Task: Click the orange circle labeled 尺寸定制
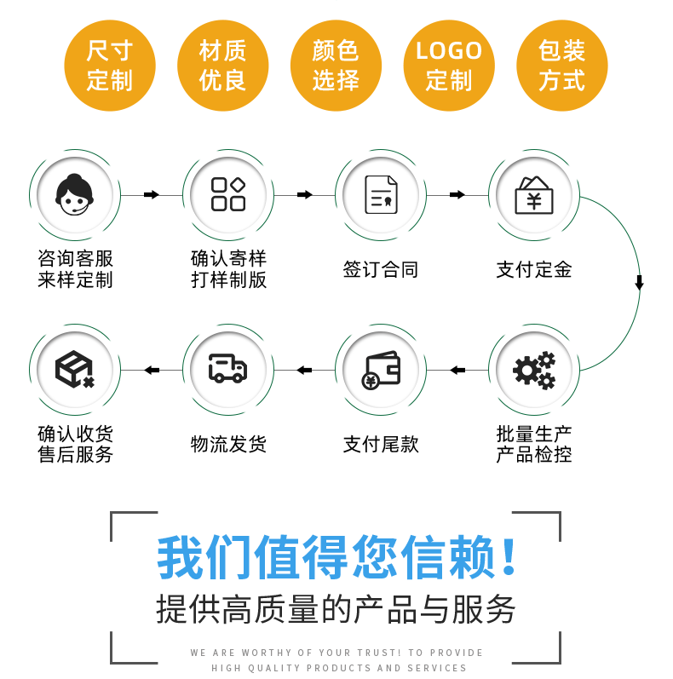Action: pyautogui.click(x=110, y=66)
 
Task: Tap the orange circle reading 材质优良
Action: pyautogui.click(x=223, y=66)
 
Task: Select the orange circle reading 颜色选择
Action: pyautogui.click(x=336, y=66)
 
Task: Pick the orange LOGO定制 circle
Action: pyautogui.click(x=449, y=66)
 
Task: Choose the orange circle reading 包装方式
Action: pyautogui.click(x=562, y=66)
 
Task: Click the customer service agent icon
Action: pyautogui.click(x=75, y=195)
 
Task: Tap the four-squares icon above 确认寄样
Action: pyautogui.click(x=228, y=195)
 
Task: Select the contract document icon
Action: pyautogui.click(x=381, y=195)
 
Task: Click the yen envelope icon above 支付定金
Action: pyautogui.click(x=534, y=195)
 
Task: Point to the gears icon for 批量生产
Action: pyautogui.click(x=534, y=370)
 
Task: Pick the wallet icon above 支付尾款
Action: pyautogui.click(x=381, y=370)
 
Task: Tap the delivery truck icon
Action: pyautogui.click(x=228, y=370)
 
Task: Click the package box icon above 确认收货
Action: pyautogui.click(x=75, y=370)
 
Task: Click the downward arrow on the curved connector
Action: pyautogui.click(x=639, y=283)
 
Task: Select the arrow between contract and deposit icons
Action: pyautogui.click(x=457, y=195)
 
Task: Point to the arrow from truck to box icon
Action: pyautogui.click(x=152, y=370)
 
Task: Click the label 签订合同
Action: pyautogui.click(x=381, y=270)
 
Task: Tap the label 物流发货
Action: pyautogui.click(x=228, y=444)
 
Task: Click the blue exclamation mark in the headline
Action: pyautogui.click(x=509, y=557)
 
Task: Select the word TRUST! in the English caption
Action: pyautogui.click(x=381, y=653)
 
